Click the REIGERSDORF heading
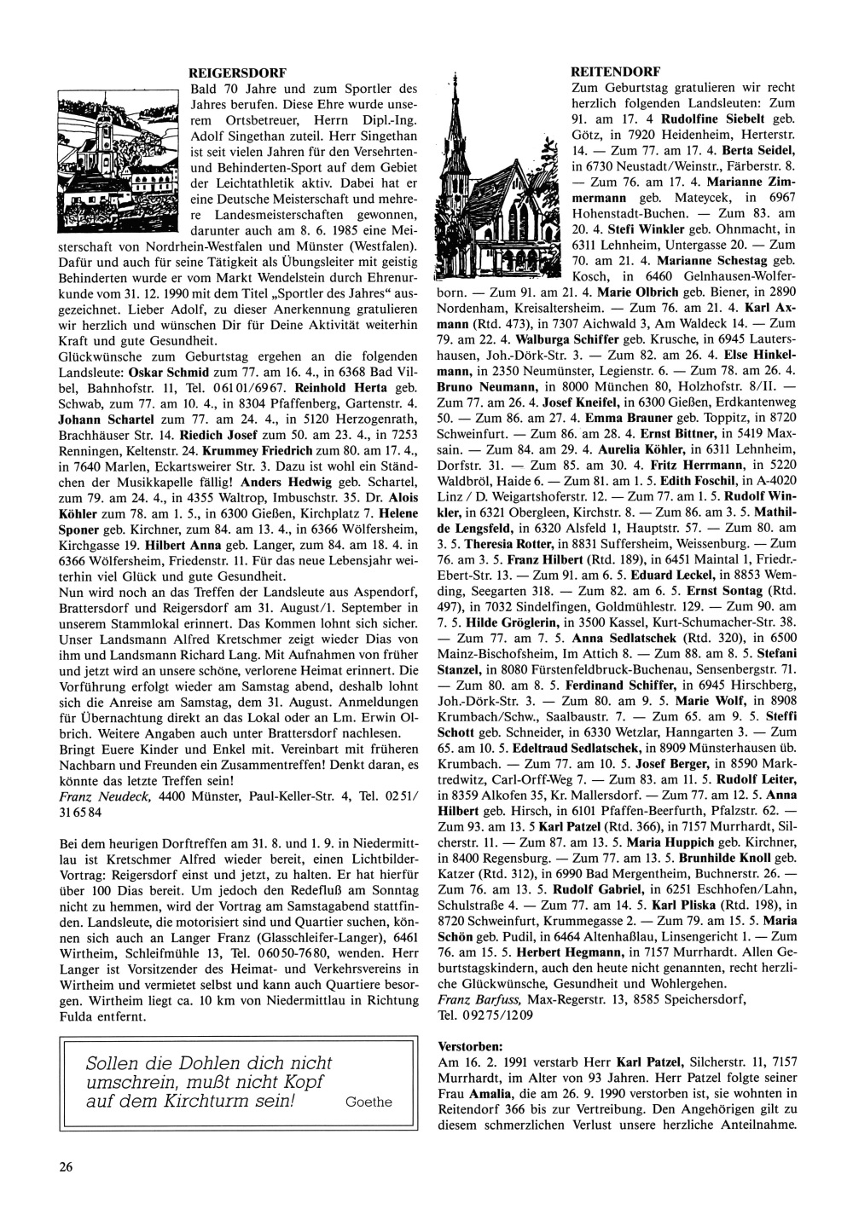(236, 72)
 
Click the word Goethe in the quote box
(368, 1102)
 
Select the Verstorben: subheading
(469, 1044)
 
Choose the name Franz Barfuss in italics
(481, 998)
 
